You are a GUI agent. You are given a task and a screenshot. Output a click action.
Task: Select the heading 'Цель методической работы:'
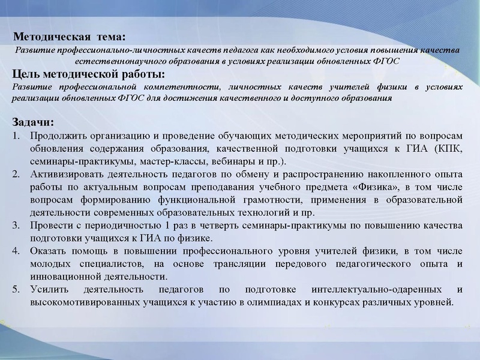click(x=88, y=74)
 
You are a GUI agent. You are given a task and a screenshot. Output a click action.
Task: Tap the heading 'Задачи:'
click(x=33, y=122)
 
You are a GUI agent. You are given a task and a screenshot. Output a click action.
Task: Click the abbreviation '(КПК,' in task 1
click(x=447, y=149)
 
